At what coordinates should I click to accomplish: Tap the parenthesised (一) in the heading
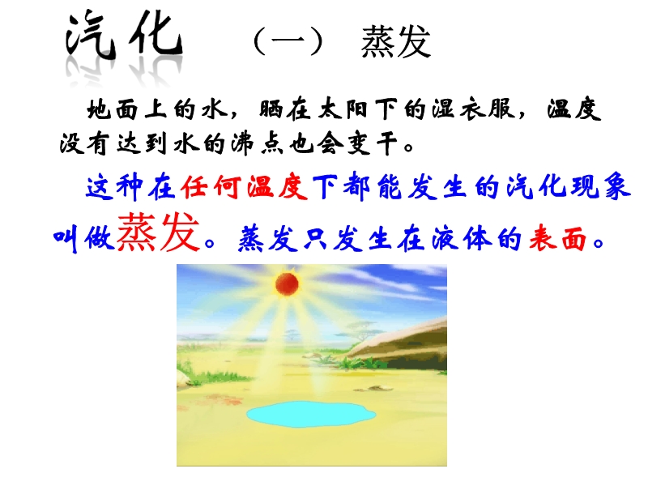pyautogui.click(x=288, y=41)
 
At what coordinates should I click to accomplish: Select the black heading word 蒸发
pyautogui.click(x=396, y=41)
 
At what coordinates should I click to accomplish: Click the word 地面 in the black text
pyautogui.click(x=113, y=110)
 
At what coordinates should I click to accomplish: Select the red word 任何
pyautogui.click(x=211, y=187)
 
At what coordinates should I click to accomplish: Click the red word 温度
pyautogui.click(x=277, y=187)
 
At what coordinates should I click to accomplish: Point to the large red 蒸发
pyautogui.click(x=158, y=232)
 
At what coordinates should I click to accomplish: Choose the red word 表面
pyautogui.click(x=558, y=238)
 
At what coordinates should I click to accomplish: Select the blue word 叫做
pyautogui.click(x=84, y=239)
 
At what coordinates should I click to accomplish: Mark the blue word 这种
pyautogui.click(x=114, y=187)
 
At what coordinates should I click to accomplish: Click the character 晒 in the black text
pyautogui.click(x=271, y=110)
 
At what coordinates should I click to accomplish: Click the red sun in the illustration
pyautogui.click(x=287, y=284)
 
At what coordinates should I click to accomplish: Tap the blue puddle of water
pyautogui.click(x=311, y=414)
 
